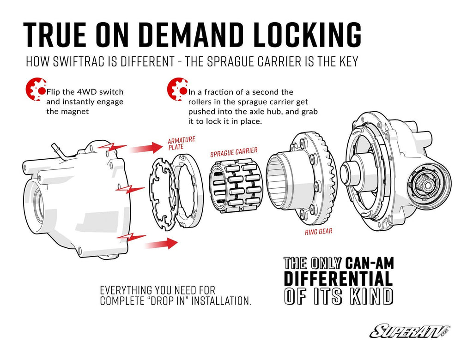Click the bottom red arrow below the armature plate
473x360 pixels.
161,242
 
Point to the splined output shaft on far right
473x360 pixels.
427,185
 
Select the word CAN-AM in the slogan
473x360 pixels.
369,264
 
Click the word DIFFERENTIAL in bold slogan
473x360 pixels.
338,279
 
